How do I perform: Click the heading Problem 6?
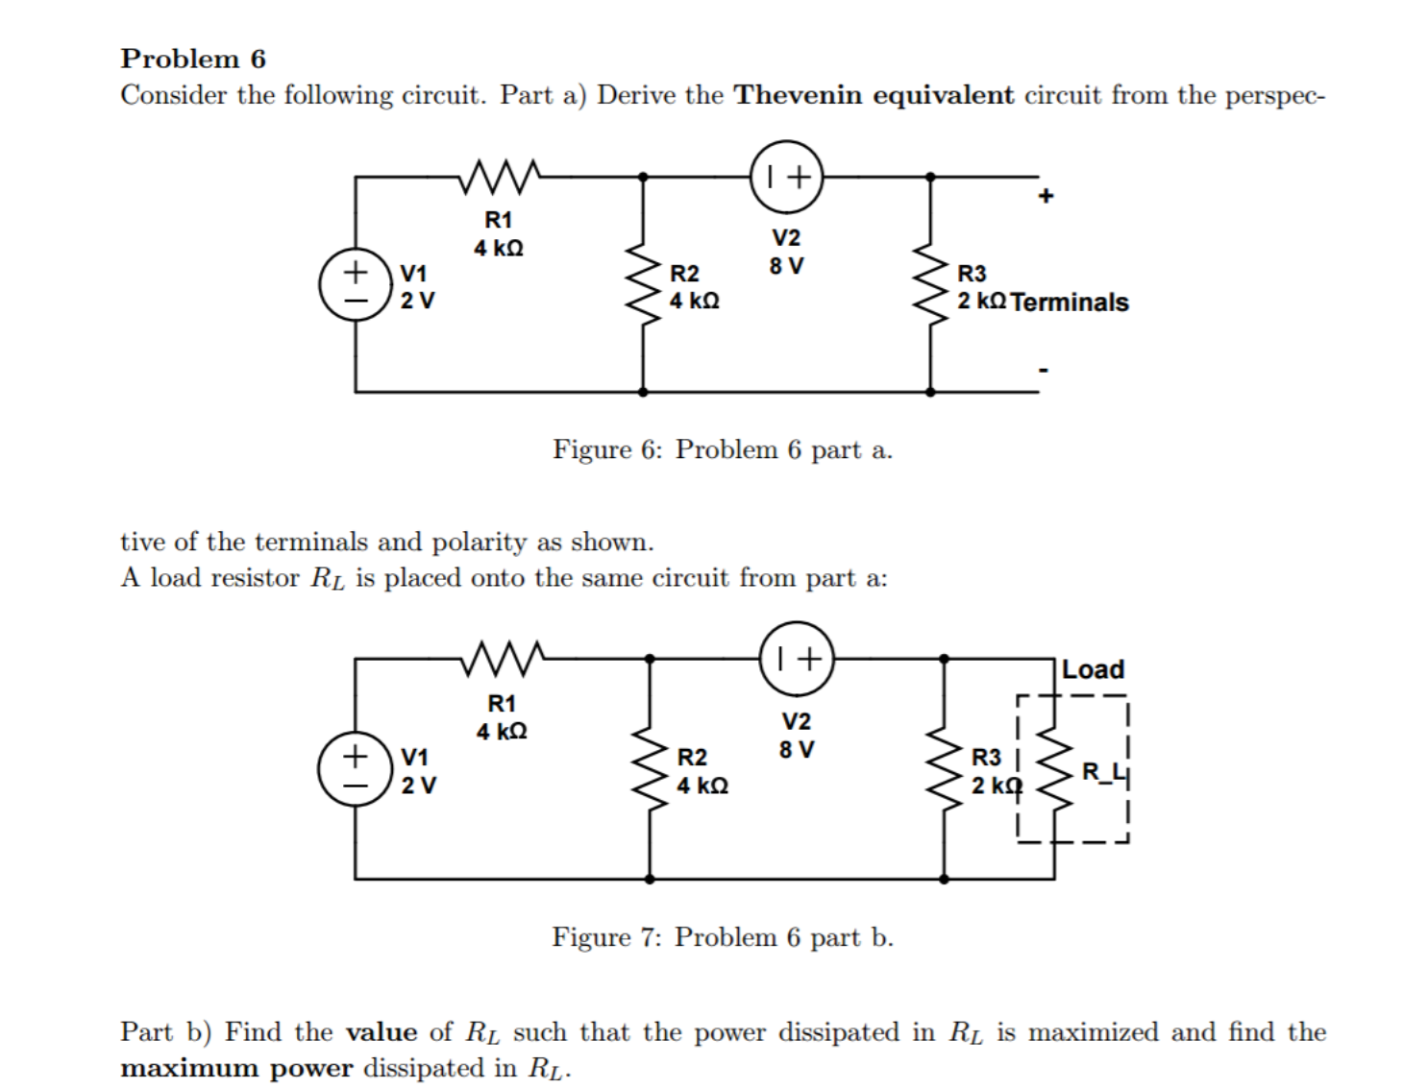(193, 59)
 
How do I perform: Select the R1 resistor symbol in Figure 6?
(500, 176)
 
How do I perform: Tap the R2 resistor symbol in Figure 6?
(643, 284)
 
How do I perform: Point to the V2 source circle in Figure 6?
(787, 177)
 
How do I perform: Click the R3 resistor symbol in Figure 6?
(930, 284)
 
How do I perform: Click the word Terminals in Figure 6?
(1070, 302)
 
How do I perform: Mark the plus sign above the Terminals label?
(1046, 196)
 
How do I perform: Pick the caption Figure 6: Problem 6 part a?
(722, 449)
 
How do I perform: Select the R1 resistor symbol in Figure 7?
(504, 659)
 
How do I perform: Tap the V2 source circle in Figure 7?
(797, 659)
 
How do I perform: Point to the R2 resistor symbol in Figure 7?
(651, 769)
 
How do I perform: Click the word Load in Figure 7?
(1094, 669)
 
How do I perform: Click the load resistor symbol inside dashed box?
(1054, 771)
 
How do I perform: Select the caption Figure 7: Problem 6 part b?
(722, 937)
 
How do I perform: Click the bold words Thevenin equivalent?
(874, 95)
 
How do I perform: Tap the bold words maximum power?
(236, 1068)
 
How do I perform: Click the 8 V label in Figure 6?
(786, 266)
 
